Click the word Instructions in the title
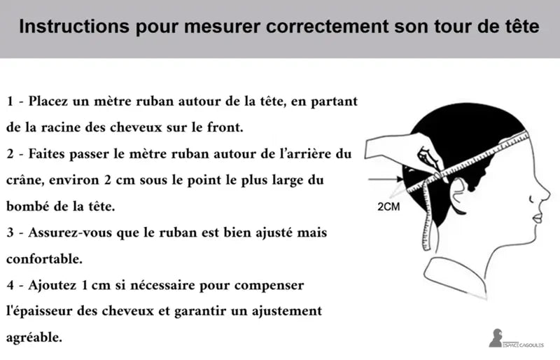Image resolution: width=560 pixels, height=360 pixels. pos(74,27)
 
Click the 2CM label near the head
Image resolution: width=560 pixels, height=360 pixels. pos(388,207)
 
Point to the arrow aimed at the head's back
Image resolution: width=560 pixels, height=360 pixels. pos(386,179)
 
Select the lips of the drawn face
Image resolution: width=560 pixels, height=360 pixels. pos(538,217)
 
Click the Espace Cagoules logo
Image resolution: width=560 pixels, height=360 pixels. pos(516,338)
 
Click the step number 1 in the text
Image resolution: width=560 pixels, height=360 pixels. pos(10,101)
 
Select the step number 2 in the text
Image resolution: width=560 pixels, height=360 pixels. pos(10,153)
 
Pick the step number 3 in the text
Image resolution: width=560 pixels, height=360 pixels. pos(10,233)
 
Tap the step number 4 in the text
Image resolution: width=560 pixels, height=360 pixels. pos(10,285)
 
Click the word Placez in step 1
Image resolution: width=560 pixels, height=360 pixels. pos(48,101)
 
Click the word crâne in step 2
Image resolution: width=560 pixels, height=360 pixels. pos(25,180)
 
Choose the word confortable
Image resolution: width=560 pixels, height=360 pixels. pos(44,259)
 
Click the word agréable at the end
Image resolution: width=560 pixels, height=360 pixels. pos(34,338)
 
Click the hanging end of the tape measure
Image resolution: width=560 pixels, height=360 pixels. pos(426,247)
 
